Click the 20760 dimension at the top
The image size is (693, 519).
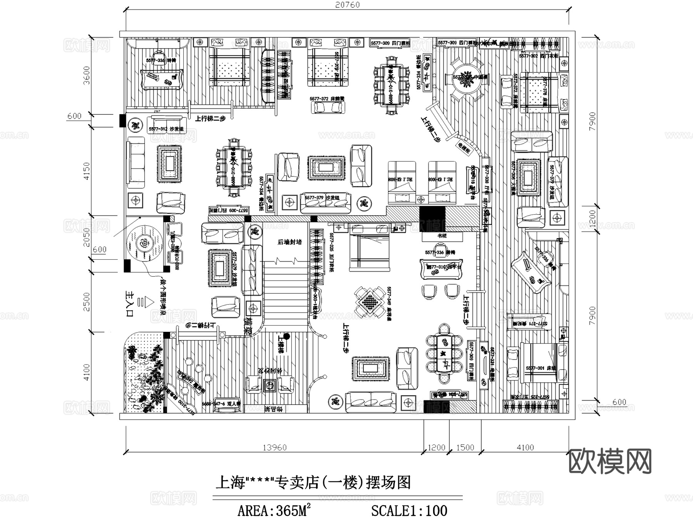(347, 5)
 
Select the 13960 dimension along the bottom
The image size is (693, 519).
(275, 447)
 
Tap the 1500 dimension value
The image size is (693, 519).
(465, 447)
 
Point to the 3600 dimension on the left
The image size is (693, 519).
(87, 76)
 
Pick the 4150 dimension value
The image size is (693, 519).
(87, 171)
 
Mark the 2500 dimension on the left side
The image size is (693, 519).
(87, 302)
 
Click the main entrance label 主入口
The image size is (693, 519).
(129, 304)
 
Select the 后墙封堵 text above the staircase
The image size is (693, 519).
(290, 242)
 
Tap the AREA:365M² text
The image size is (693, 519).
(274, 511)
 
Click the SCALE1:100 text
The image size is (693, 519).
(409, 511)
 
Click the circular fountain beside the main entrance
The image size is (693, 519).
(144, 244)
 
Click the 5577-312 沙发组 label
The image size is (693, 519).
(166, 129)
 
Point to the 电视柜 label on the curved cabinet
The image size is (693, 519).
(463, 148)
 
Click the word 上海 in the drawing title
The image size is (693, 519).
(230, 482)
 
